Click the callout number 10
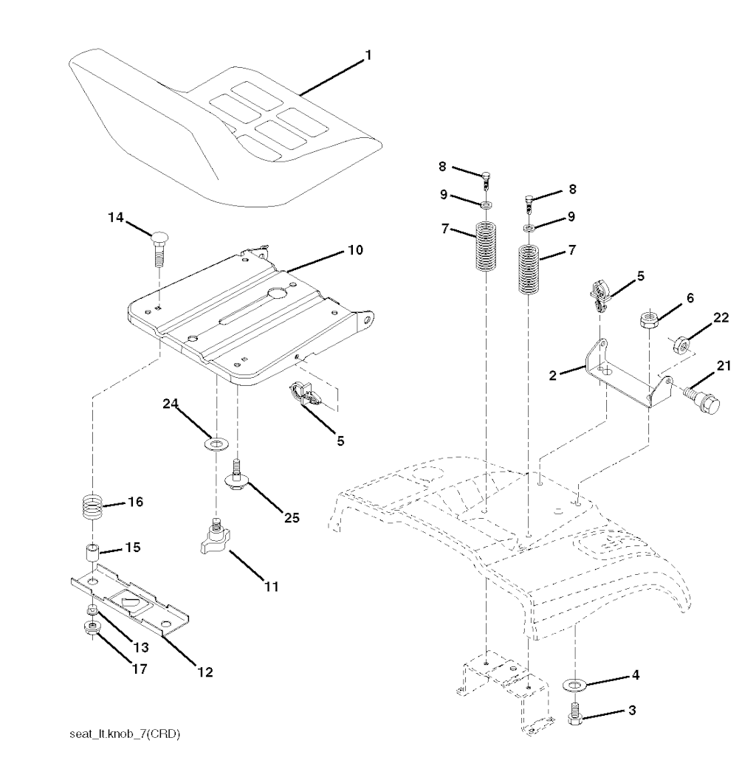tap(356, 250)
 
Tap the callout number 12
tap(205, 672)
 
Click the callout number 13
tap(138, 647)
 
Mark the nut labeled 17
tap(93, 629)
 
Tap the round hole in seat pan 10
tap(278, 293)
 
